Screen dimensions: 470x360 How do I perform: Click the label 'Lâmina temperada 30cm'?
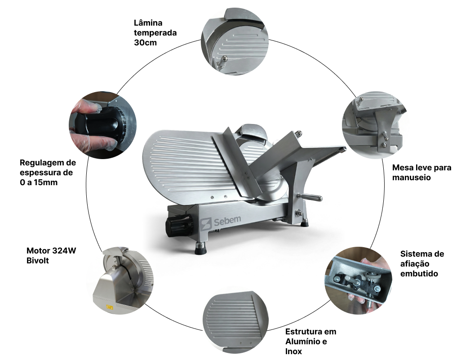pos(155,33)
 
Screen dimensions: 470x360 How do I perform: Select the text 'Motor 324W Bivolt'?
pos(51,255)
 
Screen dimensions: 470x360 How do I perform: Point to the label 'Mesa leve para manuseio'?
pos(422,172)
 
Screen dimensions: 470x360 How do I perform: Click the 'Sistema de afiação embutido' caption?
pos(422,264)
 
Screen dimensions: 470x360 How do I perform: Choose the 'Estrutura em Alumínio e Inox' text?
pos(311,342)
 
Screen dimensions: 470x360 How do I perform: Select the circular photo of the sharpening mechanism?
pos(359,280)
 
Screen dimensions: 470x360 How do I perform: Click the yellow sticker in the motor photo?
pos(110,307)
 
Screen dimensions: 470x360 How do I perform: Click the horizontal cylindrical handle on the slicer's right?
pos(310,197)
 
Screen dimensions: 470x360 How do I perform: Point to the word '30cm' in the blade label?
pos(146,43)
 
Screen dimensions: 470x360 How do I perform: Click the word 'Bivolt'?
pos(37,261)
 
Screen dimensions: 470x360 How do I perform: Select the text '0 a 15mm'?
pos(39,182)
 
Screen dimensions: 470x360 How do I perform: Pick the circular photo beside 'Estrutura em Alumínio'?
pos(235,323)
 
